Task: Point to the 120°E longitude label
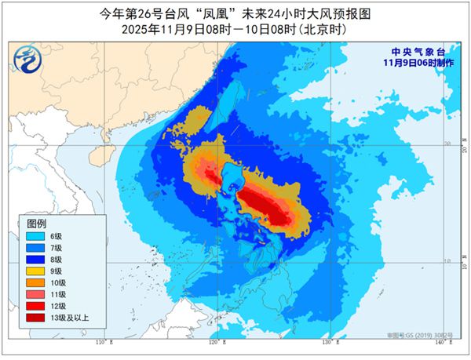(214, 344)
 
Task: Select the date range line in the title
(235, 29)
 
